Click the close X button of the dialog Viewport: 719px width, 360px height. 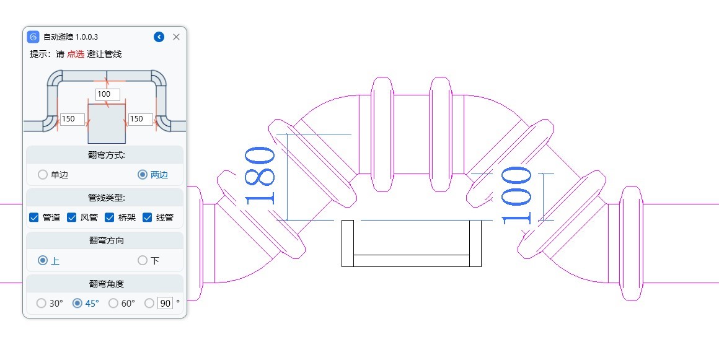pyautogui.click(x=176, y=37)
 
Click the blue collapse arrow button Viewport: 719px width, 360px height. pyautogui.click(x=159, y=37)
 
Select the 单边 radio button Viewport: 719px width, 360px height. pyautogui.click(x=43, y=174)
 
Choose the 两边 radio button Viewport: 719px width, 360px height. pyautogui.click(x=143, y=174)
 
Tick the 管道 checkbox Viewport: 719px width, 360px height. pyautogui.click(x=33, y=217)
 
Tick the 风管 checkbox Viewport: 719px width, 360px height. pyautogui.click(x=71, y=217)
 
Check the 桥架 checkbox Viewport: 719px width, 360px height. pyautogui.click(x=109, y=217)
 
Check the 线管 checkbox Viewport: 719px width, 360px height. pyautogui.click(x=147, y=217)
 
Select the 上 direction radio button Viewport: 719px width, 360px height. pyautogui.click(x=43, y=260)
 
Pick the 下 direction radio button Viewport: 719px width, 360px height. pyautogui.click(x=143, y=260)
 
